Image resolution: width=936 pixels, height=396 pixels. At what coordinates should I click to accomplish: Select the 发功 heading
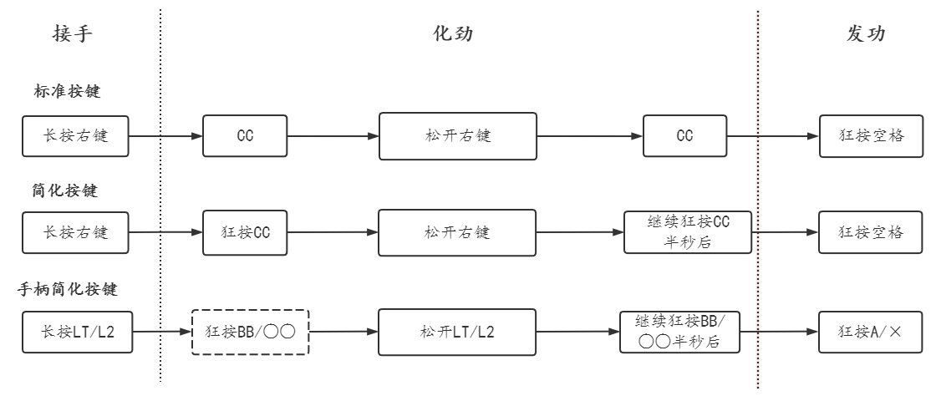[x=862, y=34]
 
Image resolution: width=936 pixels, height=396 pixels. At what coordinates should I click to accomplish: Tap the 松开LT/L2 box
[x=456, y=331]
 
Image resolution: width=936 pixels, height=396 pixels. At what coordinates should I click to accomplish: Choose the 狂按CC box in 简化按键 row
[x=245, y=232]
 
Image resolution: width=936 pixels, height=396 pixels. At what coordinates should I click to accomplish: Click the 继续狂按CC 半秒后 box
[x=688, y=232]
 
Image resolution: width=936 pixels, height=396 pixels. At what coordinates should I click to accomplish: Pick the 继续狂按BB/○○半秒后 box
[x=679, y=331]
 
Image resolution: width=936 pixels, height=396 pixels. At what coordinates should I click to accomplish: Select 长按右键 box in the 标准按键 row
[x=75, y=135]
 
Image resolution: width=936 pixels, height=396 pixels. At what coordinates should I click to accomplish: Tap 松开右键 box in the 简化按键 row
[x=456, y=232]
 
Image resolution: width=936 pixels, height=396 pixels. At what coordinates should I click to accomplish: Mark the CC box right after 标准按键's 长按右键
[x=245, y=135]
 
